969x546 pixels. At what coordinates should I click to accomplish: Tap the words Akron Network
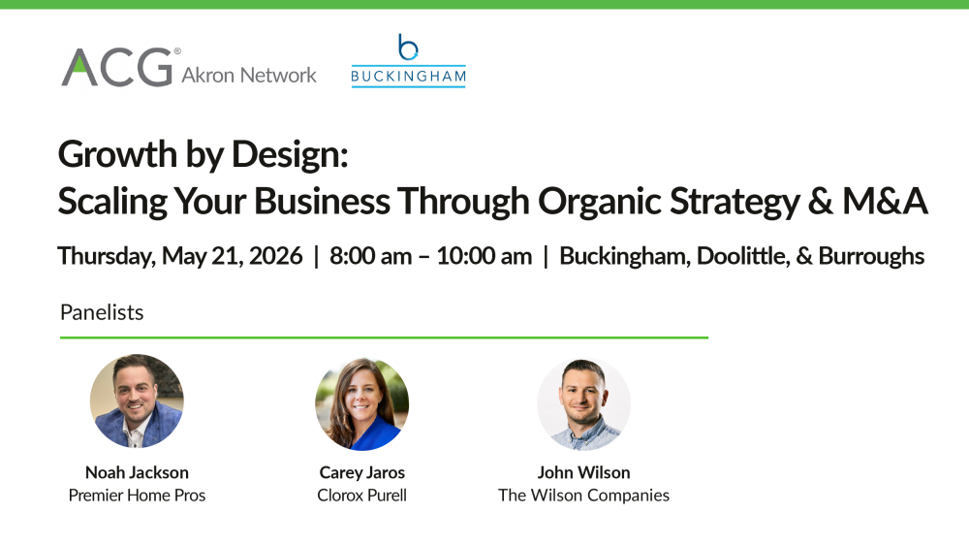tap(249, 75)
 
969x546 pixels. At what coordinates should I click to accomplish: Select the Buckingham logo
tap(408, 61)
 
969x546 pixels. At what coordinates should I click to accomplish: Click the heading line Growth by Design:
tap(203, 155)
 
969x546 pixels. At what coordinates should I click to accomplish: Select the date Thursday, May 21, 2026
tap(180, 256)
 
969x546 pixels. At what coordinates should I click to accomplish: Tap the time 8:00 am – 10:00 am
tap(430, 256)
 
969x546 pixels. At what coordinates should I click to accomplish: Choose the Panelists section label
tap(102, 312)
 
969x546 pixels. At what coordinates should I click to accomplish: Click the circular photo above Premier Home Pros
tap(137, 401)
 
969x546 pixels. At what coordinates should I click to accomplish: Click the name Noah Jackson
tap(137, 472)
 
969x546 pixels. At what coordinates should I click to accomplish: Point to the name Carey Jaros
tap(361, 472)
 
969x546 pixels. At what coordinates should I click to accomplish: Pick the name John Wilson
tap(583, 472)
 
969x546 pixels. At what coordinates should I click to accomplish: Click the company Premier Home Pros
tap(137, 496)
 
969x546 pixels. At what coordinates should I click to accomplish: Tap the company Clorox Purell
tap(361, 496)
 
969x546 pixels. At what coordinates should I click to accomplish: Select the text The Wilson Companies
tap(583, 496)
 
